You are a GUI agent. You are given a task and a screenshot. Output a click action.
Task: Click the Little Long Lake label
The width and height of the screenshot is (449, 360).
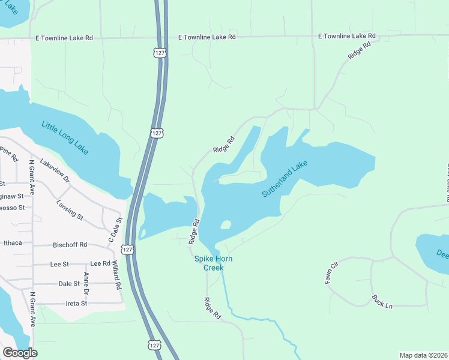tap(65, 138)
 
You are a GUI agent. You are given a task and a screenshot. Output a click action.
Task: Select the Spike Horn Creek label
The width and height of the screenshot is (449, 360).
tap(212, 263)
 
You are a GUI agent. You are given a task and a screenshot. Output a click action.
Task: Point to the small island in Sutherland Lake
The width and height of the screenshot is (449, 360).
tap(226, 225)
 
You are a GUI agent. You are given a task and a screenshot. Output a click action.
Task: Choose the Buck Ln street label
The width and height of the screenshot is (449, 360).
tap(381, 301)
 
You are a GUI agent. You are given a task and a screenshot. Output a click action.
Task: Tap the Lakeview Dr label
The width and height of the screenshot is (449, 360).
tap(55, 171)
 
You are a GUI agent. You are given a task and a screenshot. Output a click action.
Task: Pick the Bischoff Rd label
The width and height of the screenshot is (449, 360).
tap(70, 245)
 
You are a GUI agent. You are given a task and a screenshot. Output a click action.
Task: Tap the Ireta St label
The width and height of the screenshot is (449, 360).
tap(76, 304)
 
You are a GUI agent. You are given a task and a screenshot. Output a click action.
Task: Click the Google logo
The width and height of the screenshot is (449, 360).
tap(20, 352)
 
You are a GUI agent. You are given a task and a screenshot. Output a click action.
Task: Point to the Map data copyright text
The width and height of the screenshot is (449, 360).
tap(423, 355)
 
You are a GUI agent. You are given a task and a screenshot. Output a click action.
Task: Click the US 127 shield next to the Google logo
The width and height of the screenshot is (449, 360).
tap(154, 345)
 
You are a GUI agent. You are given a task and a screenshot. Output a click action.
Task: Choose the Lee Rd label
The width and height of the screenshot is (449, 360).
tap(100, 263)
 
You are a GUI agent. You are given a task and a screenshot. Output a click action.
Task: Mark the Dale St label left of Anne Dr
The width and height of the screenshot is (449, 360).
tap(69, 284)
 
